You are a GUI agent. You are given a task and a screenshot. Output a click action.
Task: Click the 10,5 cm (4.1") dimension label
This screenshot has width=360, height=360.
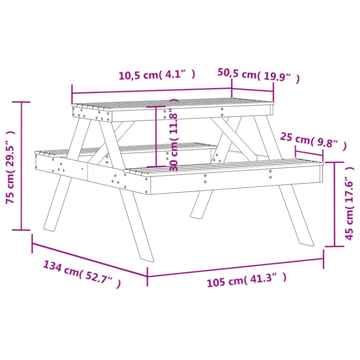pos(157,75)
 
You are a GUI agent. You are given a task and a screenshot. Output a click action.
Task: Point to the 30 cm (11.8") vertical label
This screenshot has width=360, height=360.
pos(174,135)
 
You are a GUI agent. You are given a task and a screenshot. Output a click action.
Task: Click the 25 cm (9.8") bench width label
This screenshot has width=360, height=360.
pos(313,142)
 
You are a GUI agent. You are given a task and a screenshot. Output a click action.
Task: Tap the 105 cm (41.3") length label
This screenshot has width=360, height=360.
pos(246,281)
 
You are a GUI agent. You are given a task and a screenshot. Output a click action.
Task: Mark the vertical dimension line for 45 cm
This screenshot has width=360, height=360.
pos(335,204)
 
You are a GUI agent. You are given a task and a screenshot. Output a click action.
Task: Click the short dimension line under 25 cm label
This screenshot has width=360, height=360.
pos(309,154)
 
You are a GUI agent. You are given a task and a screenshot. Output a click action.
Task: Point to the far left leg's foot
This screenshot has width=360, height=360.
pos(49,227)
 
